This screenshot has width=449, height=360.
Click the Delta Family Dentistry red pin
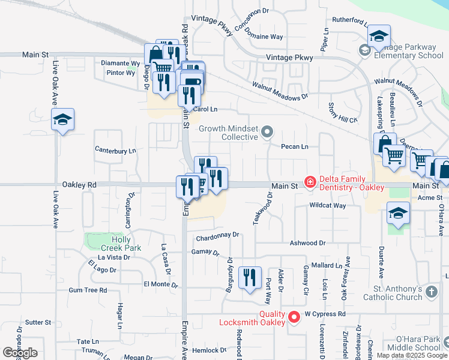(310, 182)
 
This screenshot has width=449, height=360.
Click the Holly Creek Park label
(121, 244)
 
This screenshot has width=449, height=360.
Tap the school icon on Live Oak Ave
(62, 121)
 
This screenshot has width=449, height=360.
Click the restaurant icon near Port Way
(249, 278)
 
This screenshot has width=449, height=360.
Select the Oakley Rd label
(83, 185)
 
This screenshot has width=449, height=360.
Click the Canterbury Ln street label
(115, 150)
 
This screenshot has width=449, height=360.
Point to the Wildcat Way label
(328, 205)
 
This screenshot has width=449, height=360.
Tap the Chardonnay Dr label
(214, 235)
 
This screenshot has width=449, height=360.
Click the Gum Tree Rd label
(88, 290)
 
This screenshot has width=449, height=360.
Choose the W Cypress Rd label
(325, 314)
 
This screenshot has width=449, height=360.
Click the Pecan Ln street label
(295, 146)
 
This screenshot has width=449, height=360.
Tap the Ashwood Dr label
(307, 243)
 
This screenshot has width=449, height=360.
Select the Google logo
(20, 353)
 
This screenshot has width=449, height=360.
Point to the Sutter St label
(38, 322)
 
